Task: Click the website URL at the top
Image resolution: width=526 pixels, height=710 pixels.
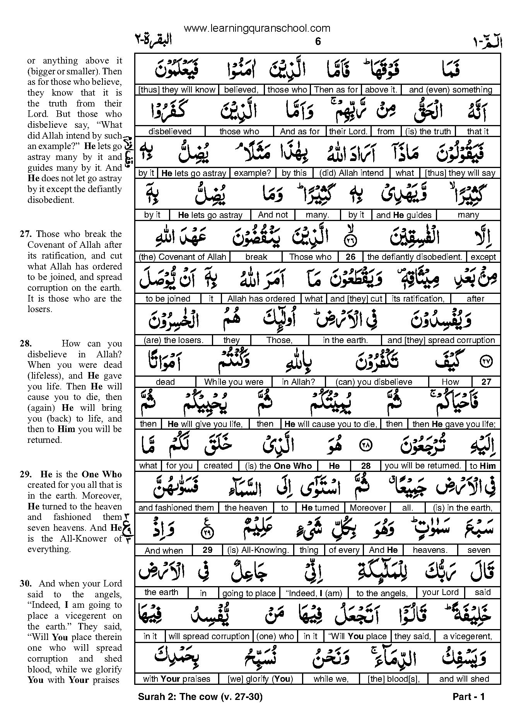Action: tap(257, 28)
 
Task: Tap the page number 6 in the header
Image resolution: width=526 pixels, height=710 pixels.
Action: tap(318, 41)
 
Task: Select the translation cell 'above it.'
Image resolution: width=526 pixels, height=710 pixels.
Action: tap(381, 90)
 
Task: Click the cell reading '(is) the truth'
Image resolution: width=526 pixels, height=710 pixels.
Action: tap(428, 132)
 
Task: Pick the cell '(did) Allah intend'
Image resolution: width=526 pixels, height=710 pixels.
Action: tap(351, 173)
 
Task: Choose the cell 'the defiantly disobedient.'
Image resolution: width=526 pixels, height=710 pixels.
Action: tap(415, 257)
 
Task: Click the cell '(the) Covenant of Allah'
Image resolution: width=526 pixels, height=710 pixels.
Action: tap(182, 257)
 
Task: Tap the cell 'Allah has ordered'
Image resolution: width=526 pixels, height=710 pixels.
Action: tap(261, 299)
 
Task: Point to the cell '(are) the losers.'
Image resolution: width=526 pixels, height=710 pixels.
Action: tap(173, 340)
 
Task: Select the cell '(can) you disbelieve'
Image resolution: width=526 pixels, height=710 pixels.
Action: tap(374, 382)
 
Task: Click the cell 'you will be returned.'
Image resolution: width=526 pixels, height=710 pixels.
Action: tap(423, 466)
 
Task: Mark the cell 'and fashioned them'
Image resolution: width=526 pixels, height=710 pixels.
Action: tap(176, 508)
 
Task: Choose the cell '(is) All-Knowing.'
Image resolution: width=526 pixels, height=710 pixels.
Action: tap(258, 550)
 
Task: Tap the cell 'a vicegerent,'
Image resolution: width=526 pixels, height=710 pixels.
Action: tap(467, 636)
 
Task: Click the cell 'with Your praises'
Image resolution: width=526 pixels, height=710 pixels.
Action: tap(176, 679)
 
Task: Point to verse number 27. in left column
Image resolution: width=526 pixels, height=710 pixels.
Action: tap(26, 234)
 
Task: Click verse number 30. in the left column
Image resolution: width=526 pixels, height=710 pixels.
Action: tap(26, 584)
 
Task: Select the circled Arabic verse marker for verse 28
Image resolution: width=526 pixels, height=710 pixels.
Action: tap(365, 446)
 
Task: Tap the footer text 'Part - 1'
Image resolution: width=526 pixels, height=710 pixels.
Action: tap(468, 697)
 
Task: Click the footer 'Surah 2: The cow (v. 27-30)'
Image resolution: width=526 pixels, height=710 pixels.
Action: tap(200, 697)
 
